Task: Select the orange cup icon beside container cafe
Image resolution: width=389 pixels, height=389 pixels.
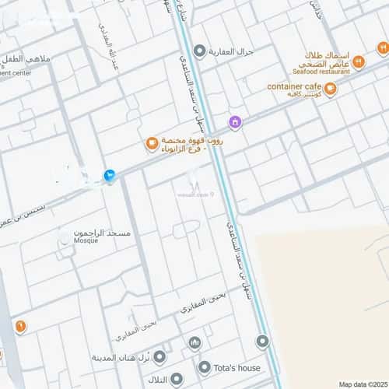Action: (331, 89)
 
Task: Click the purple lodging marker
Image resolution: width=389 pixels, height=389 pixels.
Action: (234, 122)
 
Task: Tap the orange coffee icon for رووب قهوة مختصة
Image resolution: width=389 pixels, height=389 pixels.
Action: (151, 143)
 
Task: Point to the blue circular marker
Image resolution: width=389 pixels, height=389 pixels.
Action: (110, 176)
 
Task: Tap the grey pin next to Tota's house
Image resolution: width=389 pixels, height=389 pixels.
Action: (205, 366)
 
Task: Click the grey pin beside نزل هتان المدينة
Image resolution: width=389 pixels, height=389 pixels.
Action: (159, 357)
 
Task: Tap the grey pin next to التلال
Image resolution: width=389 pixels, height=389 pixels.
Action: (177, 379)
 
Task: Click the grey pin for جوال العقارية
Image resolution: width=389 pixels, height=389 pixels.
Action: (199, 51)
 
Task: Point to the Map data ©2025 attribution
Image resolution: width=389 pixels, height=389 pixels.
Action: (361, 384)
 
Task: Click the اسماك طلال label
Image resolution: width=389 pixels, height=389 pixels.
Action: (326, 57)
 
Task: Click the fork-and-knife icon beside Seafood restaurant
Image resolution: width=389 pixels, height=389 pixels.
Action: (360, 48)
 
